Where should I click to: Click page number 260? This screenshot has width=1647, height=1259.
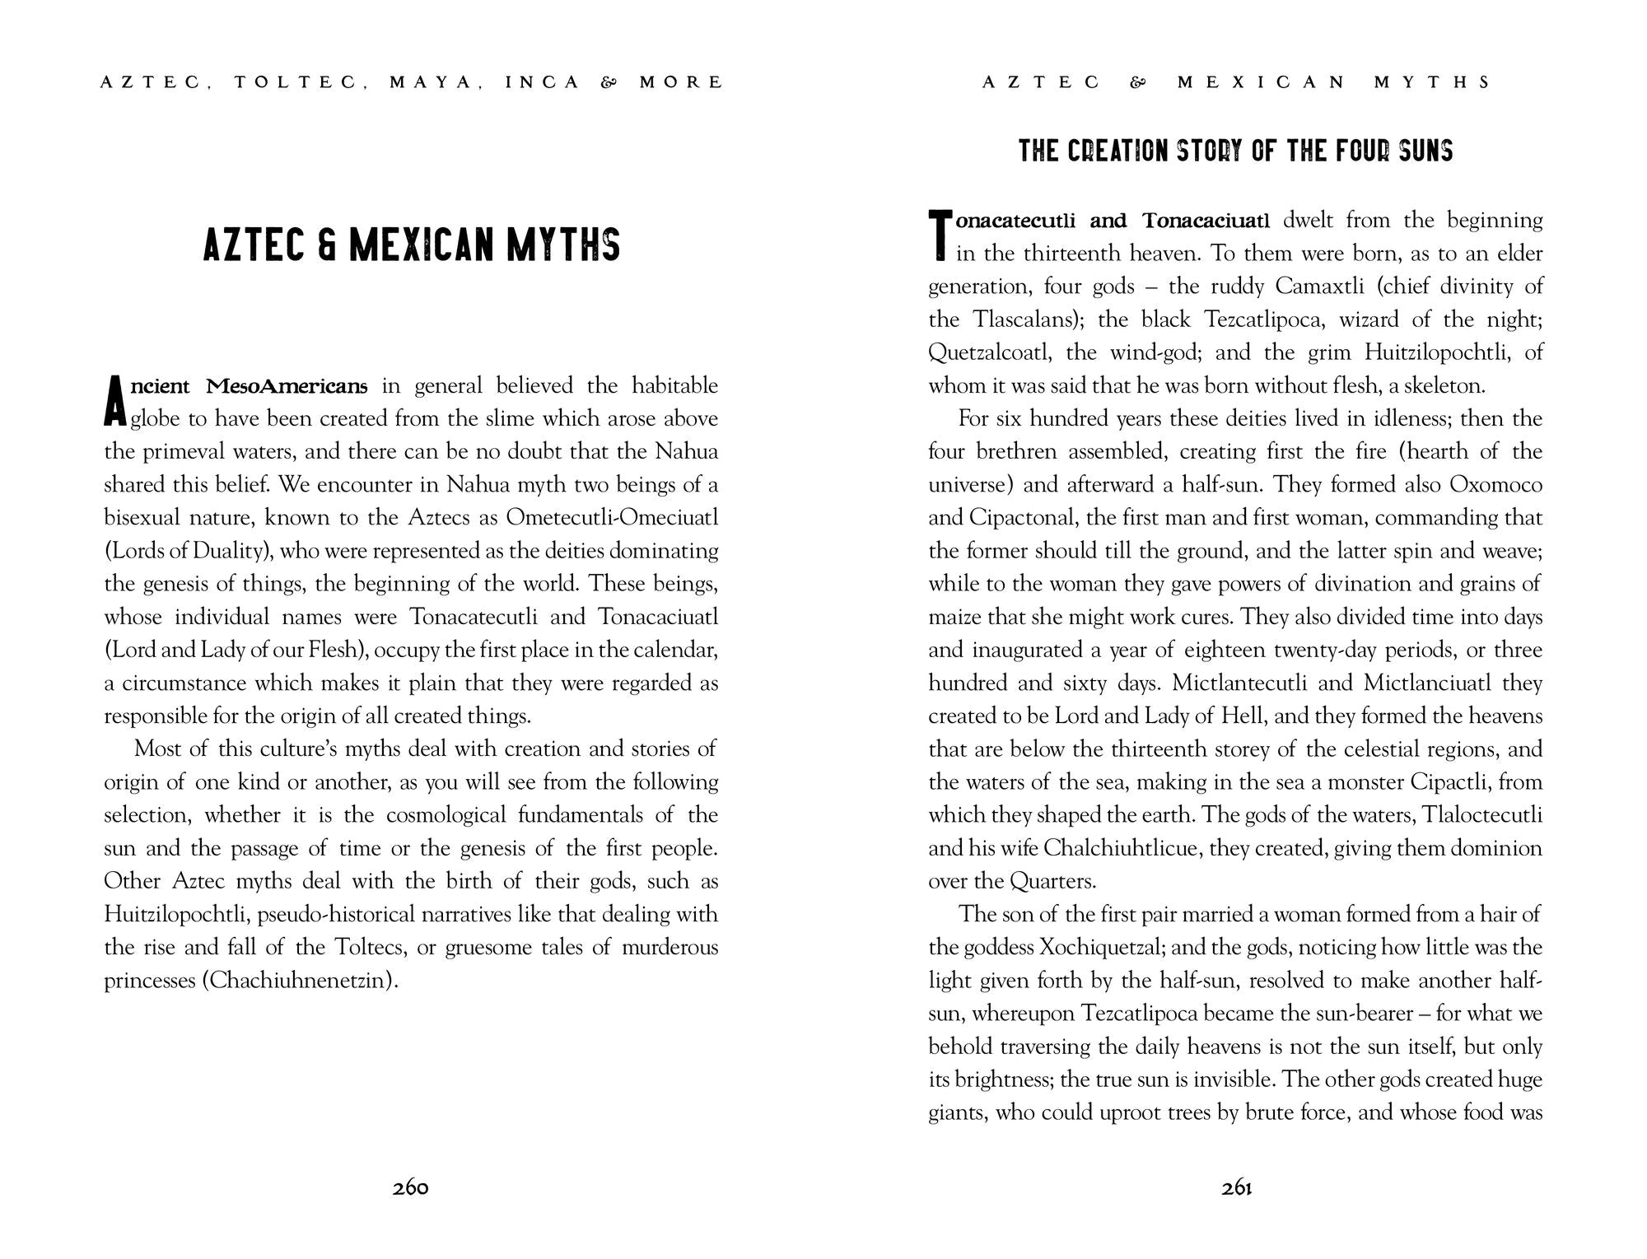tap(411, 1187)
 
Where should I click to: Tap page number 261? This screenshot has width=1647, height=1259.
tap(1237, 1187)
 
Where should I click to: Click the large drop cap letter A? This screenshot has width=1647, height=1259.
tap(115, 403)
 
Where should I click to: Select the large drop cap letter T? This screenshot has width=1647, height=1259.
tap(940, 235)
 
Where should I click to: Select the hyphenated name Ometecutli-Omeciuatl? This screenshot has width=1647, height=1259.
tap(612, 518)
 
